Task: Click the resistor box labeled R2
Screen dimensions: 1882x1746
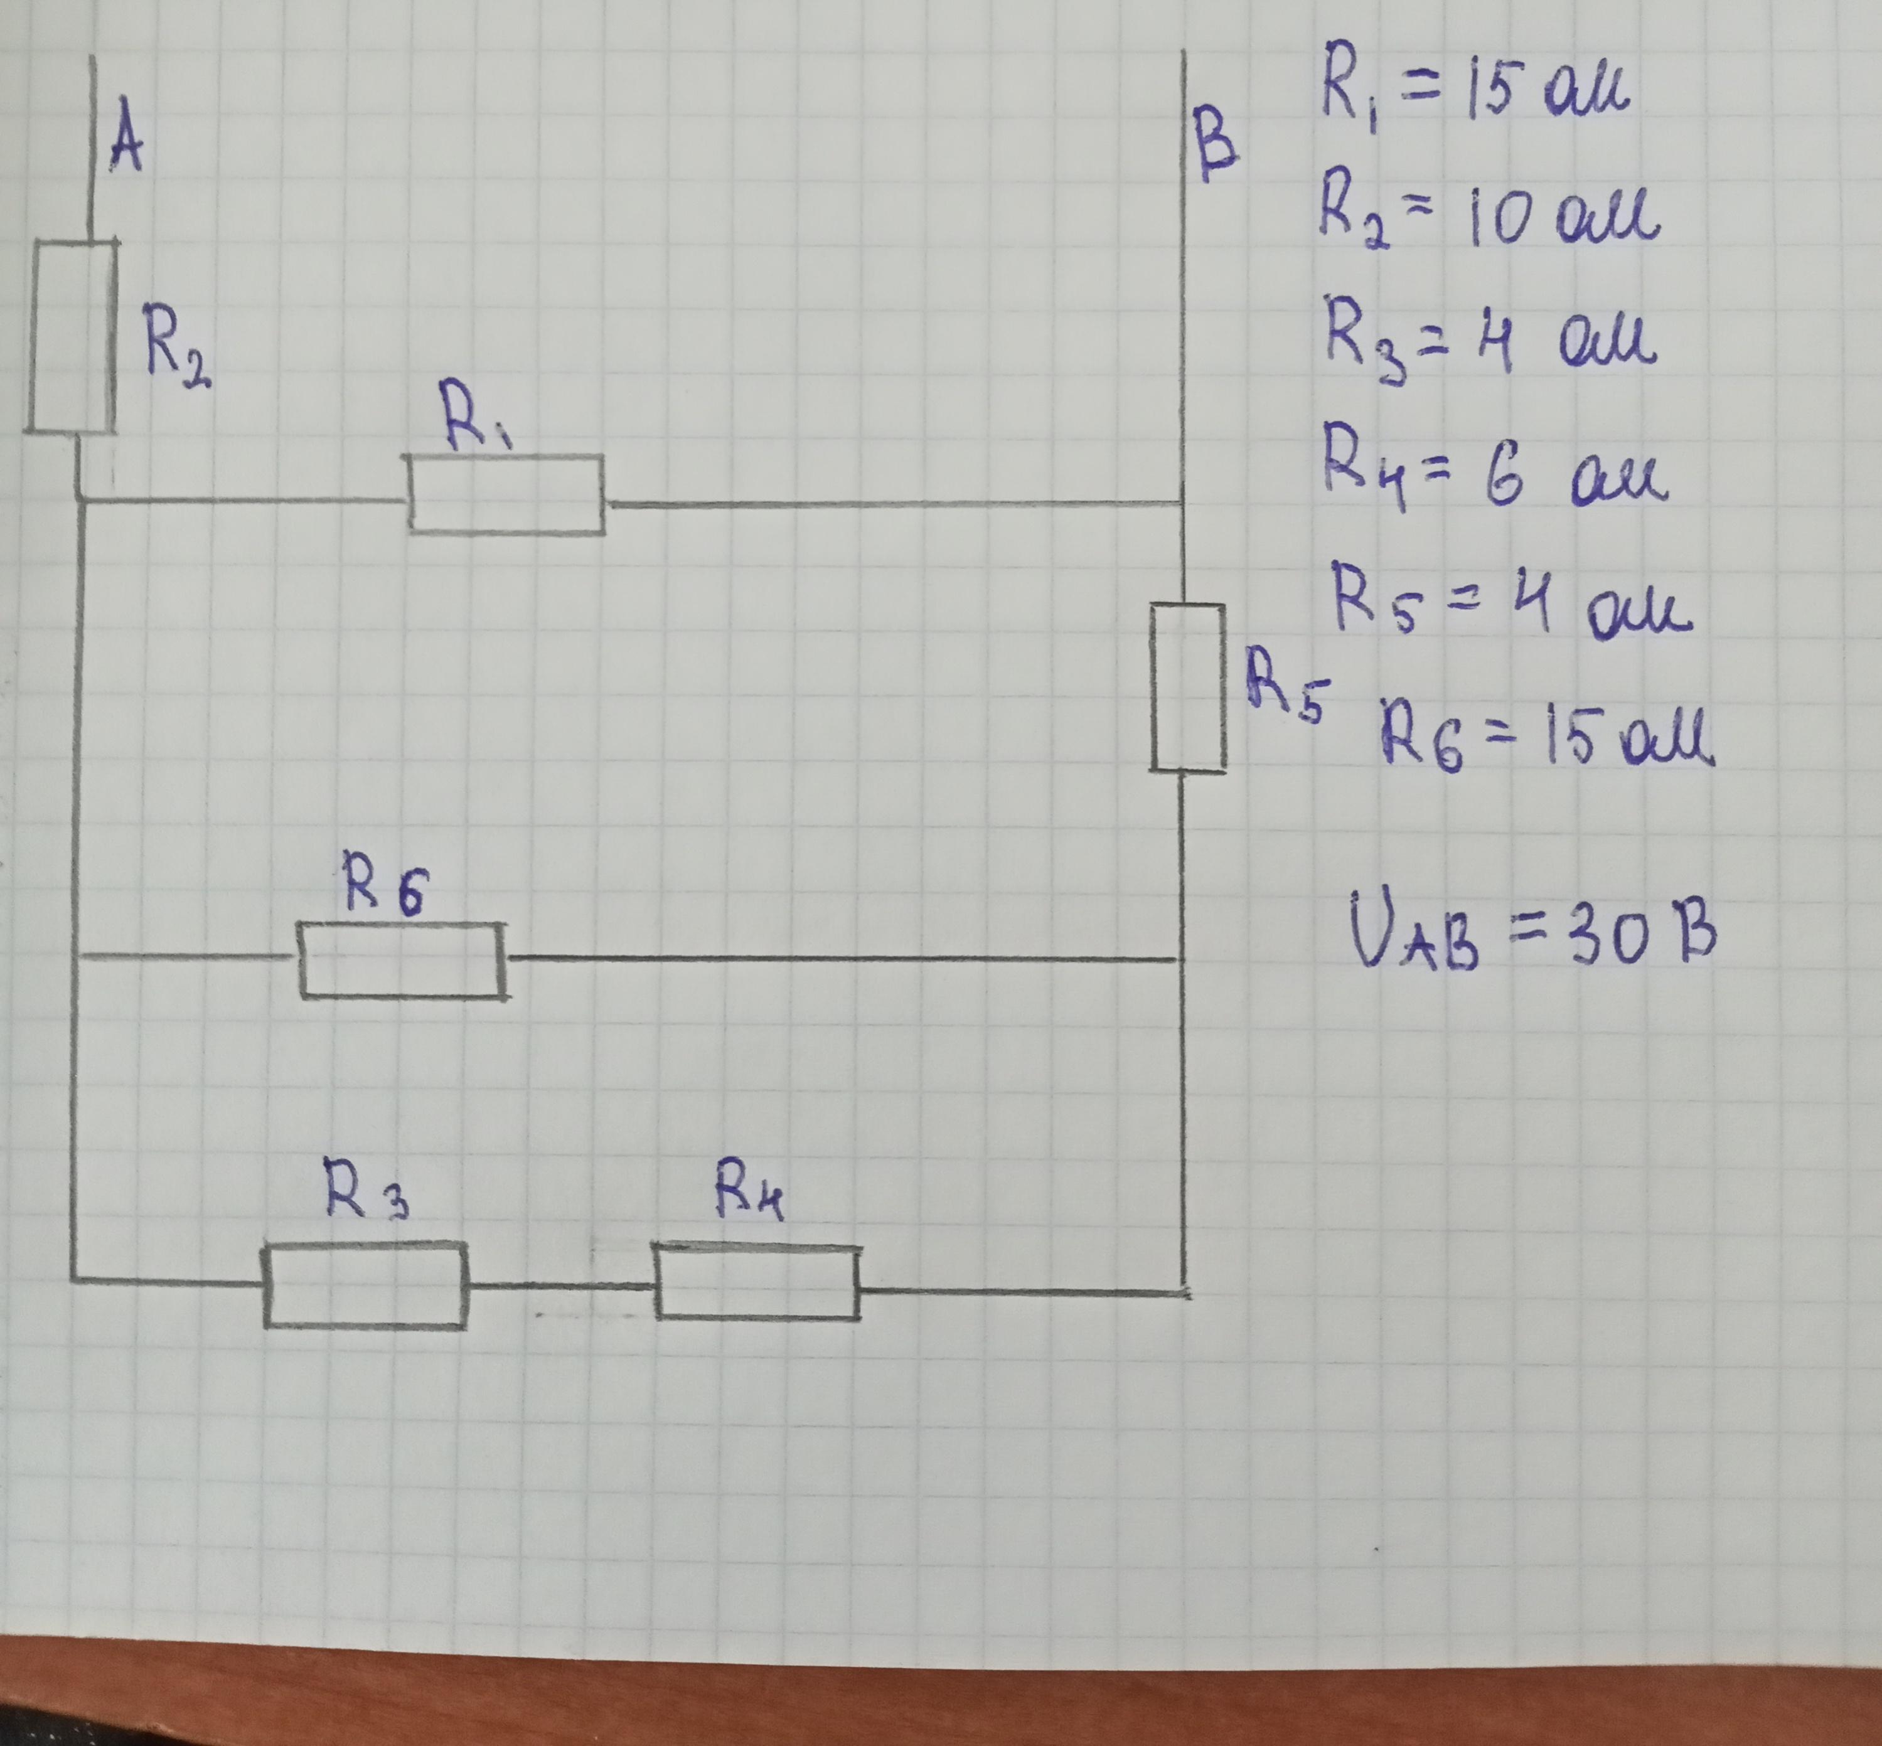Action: click(x=71, y=336)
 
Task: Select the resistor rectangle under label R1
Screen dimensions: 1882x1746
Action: click(x=506, y=494)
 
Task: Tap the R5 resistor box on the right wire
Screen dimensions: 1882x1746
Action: click(x=1188, y=688)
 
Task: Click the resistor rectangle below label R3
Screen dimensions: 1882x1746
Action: click(x=365, y=1286)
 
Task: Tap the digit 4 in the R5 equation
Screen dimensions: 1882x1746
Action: click(x=1536, y=601)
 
